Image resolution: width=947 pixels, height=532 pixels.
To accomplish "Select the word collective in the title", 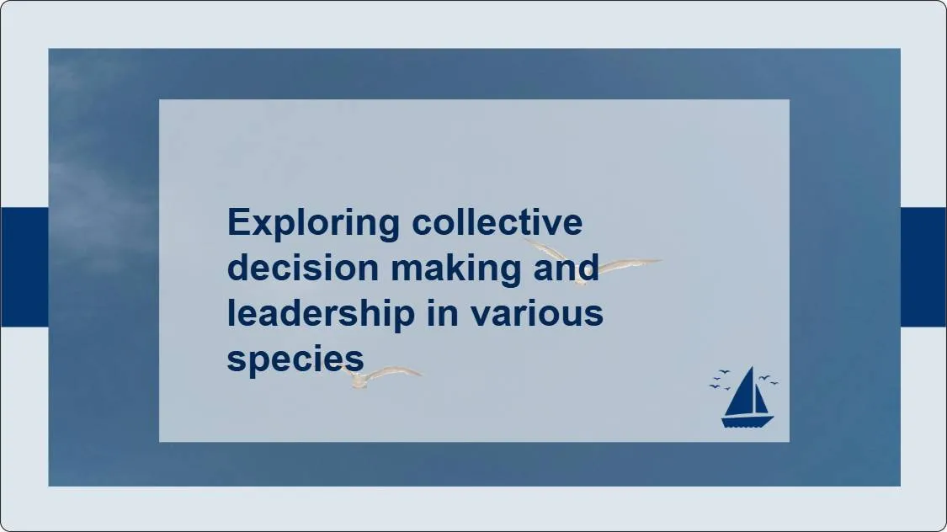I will [x=497, y=223].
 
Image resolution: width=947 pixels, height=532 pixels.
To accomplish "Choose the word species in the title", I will [x=295, y=359].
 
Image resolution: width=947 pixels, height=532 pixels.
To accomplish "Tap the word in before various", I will [x=443, y=313].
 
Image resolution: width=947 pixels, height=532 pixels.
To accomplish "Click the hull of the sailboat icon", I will [x=747, y=421].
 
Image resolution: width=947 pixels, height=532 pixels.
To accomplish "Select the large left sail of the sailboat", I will [x=741, y=393].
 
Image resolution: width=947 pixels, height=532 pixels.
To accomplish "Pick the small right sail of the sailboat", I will [x=761, y=400].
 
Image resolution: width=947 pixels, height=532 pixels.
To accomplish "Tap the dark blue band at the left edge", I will [x=24, y=267].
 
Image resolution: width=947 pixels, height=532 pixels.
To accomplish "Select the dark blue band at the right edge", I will [x=923, y=267].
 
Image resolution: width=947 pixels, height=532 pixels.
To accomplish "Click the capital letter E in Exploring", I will [x=241, y=224].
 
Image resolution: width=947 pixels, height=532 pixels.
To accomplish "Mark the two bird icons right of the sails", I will [x=768, y=380].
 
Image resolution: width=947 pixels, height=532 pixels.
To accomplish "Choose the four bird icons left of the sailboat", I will [x=720, y=380].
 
